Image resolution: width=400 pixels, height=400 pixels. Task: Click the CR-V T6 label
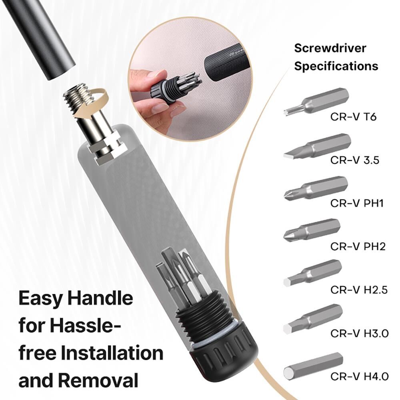(x=353, y=117)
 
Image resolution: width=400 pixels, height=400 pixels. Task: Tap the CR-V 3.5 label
(x=355, y=160)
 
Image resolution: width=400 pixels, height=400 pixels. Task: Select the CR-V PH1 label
(x=357, y=203)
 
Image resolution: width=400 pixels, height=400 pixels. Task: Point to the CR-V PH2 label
(x=358, y=246)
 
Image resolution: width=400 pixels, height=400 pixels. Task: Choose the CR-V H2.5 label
(x=359, y=290)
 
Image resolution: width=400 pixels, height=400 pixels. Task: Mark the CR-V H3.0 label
(x=360, y=333)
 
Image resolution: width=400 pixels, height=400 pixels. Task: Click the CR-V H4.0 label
(x=360, y=376)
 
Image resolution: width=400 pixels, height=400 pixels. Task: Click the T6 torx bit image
(x=316, y=101)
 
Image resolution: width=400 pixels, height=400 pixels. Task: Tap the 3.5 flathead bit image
(x=317, y=146)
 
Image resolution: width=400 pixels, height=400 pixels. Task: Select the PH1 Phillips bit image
(x=316, y=188)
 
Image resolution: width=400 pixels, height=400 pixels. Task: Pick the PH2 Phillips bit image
(x=312, y=230)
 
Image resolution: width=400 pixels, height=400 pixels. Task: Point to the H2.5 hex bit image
(x=312, y=273)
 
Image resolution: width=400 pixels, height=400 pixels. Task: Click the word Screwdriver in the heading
(x=330, y=48)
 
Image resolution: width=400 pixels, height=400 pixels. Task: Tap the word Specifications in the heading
(x=336, y=66)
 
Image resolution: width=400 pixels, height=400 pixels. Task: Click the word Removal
(x=98, y=380)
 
